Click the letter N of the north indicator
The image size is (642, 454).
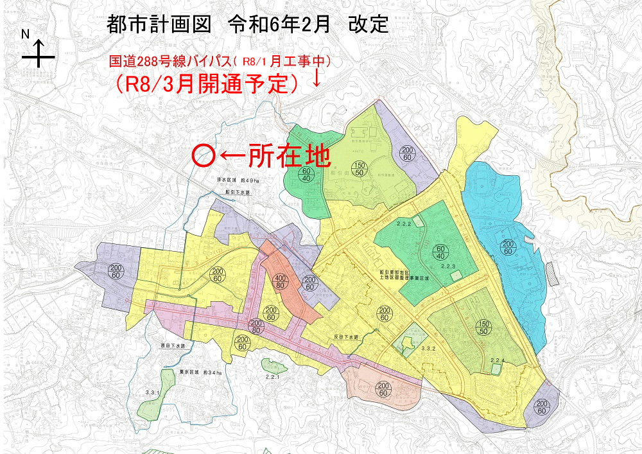pyautogui.click(x=26, y=34)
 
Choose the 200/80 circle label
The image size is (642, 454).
pyautogui.click(x=257, y=326)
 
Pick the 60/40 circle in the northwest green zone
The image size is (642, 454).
pyautogui.click(x=306, y=175)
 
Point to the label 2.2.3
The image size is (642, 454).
pyautogui.click(x=448, y=266)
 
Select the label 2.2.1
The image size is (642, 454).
pyautogui.click(x=272, y=377)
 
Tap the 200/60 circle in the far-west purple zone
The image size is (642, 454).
pyautogui.click(x=116, y=272)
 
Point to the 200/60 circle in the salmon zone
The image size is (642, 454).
pyautogui.click(x=383, y=389)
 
